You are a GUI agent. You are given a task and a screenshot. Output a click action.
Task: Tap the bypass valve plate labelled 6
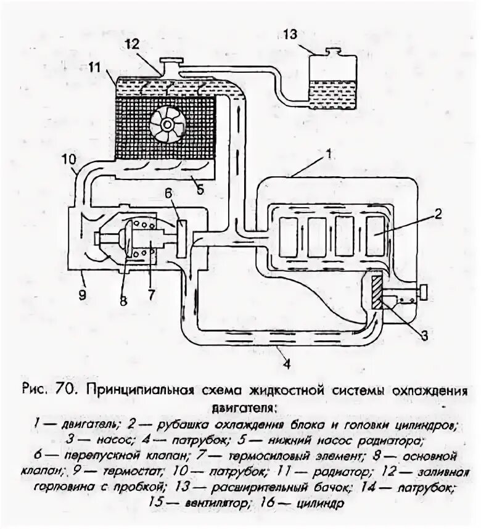[181, 238]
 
